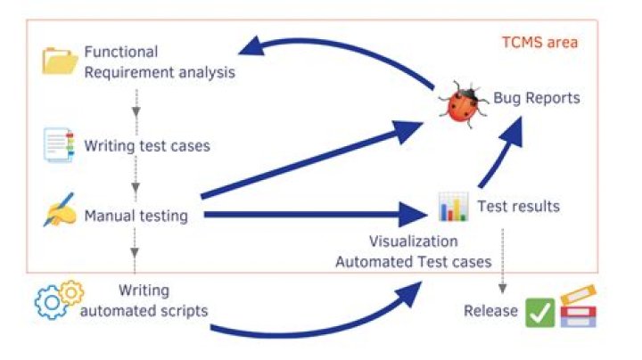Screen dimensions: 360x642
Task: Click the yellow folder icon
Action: [60, 61]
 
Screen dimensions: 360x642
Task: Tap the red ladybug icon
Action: [464, 102]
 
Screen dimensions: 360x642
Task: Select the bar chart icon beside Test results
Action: [453, 207]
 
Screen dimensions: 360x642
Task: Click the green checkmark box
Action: [539, 313]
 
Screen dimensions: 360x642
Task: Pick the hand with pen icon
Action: [59, 212]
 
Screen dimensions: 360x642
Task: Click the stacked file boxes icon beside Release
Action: [578, 307]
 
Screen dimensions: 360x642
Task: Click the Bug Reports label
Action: [537, 97]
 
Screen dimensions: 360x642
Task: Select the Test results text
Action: [519, 206]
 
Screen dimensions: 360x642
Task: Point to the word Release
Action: [490, 311]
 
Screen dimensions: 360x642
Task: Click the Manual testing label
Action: [136, 215]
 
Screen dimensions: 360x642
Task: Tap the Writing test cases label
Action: [147, 145]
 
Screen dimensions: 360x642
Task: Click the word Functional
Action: [121, 52]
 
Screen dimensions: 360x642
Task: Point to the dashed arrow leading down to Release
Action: [503, 258]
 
